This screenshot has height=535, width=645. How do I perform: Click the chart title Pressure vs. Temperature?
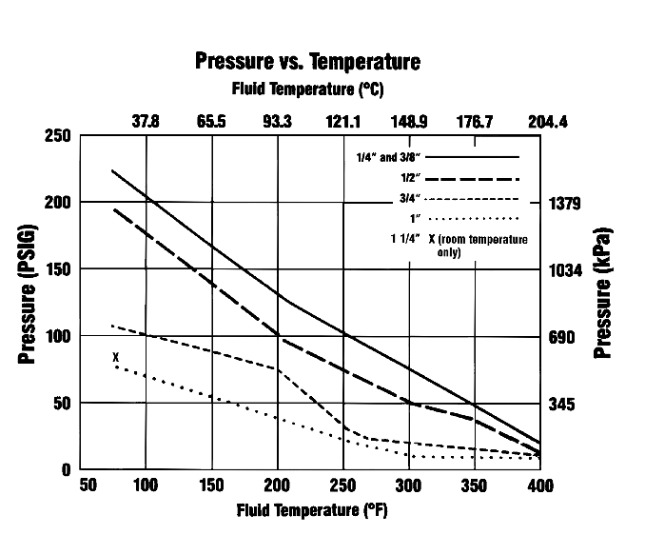pyautogui.click(x=307, y=63)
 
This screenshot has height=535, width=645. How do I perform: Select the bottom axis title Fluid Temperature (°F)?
pyautogui.click(x=312, y=509)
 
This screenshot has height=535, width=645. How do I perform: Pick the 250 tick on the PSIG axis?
pyautogui.click(x=57, y=135)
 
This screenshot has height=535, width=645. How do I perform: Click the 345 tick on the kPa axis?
pyautogui.click(x=564, y=405)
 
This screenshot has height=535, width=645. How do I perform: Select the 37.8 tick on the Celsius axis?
pyautogui.click(x=146, y=122)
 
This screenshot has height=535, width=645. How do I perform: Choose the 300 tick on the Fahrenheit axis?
pyautogui.click(x=409, y=485)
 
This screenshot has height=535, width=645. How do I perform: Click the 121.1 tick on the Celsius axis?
pyautogui.click(x=343, y=122)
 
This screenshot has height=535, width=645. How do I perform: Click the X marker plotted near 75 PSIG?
pyautogui.click(x=115, y=357)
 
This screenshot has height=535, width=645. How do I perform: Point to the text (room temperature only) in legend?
pyautogui.click(x=484, y=246)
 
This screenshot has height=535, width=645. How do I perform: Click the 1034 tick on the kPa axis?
pyautogui.click(x=567, y=270)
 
